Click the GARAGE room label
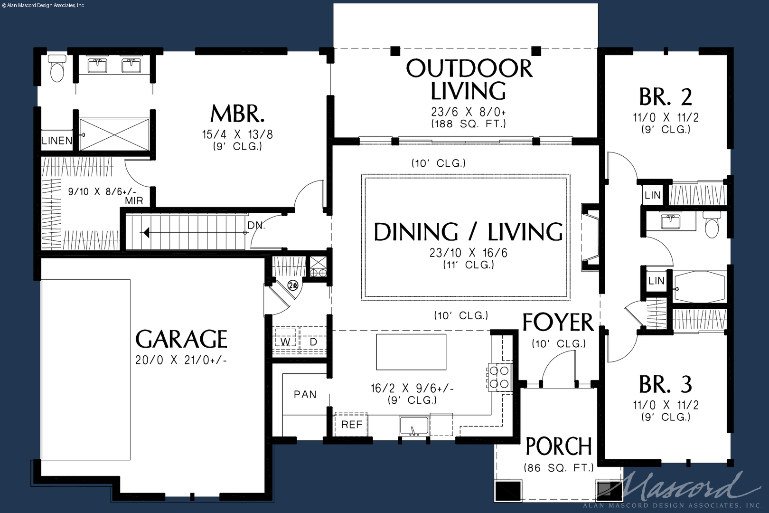click(x=181, y=339)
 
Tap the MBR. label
click(x=237, y=114)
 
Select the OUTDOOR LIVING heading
click(x=469, y=79)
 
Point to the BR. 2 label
click(x=666, y=97)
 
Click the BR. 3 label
click(x=666, y=384)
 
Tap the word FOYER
click(x=558, y=323)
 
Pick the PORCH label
click(x=559, y=446)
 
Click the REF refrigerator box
click(x=351, y=425)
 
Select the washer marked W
click(x=285, y=341)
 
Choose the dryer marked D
click(x=313, y=341)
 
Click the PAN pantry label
click(x=305, y=394)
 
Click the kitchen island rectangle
click(x=411, y=352)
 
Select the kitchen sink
click(x=413, y=426)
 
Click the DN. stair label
click(x=256, y=226)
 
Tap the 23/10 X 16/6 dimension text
click(x=468, y=253)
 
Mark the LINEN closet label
click(x=57, y=141)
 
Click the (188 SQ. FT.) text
click(x=469, y=123)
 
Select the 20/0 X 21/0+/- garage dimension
click(x=181, y=360)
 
